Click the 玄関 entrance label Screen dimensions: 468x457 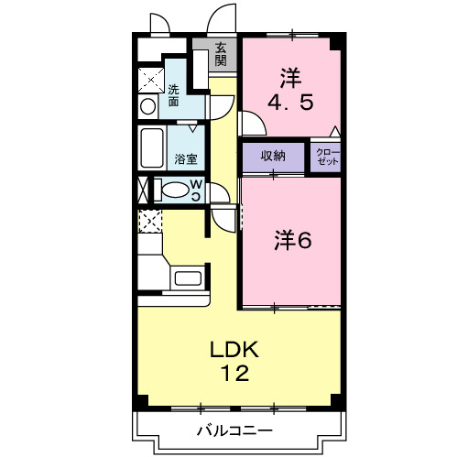coord(221,55)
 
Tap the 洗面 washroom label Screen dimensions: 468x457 coord(174,95)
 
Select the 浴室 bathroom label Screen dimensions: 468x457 coord(186,159)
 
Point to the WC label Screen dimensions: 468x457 coord(196,190)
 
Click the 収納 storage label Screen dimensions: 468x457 coord(273,157)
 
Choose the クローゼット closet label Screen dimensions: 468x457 coord(328,157)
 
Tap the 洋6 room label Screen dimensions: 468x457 coord(293,240)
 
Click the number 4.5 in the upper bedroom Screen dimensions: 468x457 coord(290,103)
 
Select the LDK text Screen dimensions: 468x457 coord(234,350)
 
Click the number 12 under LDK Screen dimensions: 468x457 coord(235,373)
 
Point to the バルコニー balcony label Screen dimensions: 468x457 coord(234,430)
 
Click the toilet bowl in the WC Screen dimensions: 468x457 coord(175,190)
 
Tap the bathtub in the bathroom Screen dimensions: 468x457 coord(152,147)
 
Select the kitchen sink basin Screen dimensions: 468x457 coord(188,278)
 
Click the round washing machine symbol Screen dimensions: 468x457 coord(147,107)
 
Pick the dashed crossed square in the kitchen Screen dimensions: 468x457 coord(150,221)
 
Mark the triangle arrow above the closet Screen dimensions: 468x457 coord(335,131)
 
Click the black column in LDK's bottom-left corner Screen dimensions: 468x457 coord(142,400)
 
